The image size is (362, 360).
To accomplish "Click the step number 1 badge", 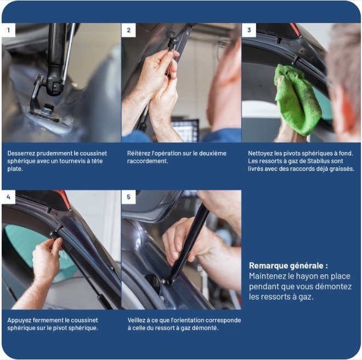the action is [x=8, y=30].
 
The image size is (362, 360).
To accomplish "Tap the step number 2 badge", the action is [x=128, y=30].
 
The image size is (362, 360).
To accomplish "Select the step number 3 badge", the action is [x=249, y=30].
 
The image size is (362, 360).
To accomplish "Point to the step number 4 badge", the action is [x=8, y=197].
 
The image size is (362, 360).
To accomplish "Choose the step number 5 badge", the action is [x=128, y=197].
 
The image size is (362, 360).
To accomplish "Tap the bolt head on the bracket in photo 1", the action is [x=48, y=108].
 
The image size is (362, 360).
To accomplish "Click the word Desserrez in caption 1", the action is [x=21, y=153].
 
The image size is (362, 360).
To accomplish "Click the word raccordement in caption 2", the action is [x=147, y=161].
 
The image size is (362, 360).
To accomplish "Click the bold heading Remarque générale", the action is [x=289, y=266].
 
